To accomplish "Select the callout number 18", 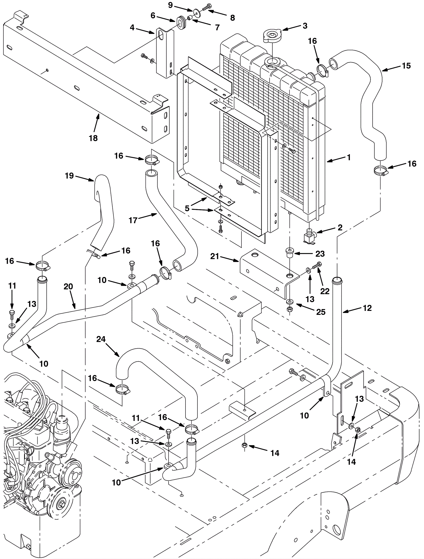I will [93, 138].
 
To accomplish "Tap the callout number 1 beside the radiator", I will [349, 157].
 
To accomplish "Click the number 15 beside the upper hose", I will [406, 66].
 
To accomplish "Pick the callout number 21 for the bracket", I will [215, 256].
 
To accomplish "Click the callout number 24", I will [101, 339].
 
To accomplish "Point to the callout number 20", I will [68, 287].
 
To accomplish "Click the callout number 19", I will [69, 176].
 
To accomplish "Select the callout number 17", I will [133, 220].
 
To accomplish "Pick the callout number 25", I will [321, 312].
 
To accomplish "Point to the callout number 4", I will [132, 27].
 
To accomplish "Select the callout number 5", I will [187, 208].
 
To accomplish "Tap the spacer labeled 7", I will [190, 18].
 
